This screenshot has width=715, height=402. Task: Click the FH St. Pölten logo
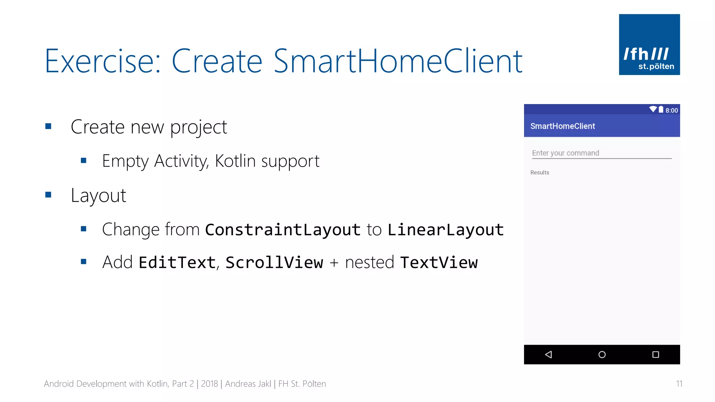[649, 44]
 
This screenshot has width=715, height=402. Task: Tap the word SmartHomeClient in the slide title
[398, 61]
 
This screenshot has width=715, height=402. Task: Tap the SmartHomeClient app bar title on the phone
[562, 126]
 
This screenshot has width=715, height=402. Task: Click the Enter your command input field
[601, 153]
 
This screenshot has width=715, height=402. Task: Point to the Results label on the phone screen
[539, 172]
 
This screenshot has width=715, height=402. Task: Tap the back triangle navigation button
[548, 355]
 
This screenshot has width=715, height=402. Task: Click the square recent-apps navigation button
[655, 355]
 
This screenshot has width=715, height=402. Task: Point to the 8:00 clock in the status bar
[671, 110]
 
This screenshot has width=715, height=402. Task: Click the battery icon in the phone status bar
[661, 109]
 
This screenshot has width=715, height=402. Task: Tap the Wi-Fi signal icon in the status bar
[653, 109]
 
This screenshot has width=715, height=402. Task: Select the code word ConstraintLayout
[283, 230]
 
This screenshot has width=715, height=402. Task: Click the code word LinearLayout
[445, 230]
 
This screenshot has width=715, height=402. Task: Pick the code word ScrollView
[274, 262]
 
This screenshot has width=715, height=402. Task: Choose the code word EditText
[177, 262]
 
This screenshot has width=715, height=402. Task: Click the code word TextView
[439, 262]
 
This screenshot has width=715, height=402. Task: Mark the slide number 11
[679, 384]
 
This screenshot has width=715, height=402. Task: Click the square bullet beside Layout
[49, 195]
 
